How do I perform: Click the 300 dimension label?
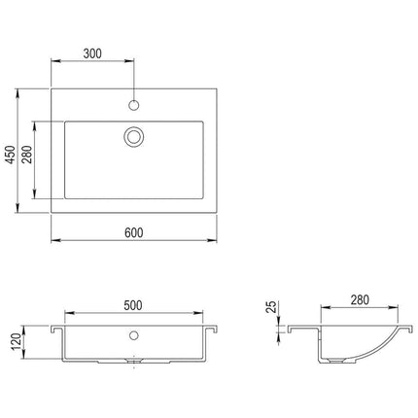pyautogui.click(x=92, y=53)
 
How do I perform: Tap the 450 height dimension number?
pyautogui.click(x=11, y=155)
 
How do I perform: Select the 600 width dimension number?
pyautogui.click(x=134, y=232)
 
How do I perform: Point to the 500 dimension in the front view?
pyautogui.click(x=133, y=305)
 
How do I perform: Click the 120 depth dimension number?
pyautogui.click(x=17, y=342)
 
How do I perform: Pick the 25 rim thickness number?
pyautogui.click(x=271, y=307)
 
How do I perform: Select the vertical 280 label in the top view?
pyautogui.click(x=27, y=155)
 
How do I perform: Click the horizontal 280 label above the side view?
pyautogui.click(x=360, y=299)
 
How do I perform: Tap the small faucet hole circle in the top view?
pyautogui.click(x=134, y=105)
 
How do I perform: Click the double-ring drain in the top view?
pyautogui.click(x=134, y=137)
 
